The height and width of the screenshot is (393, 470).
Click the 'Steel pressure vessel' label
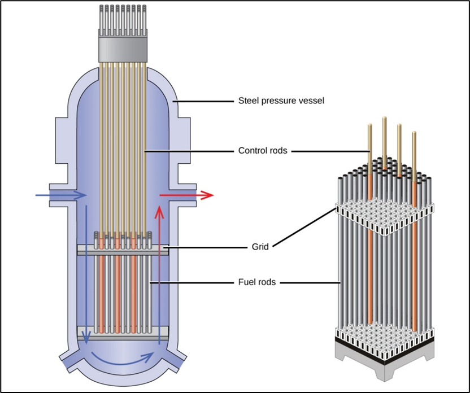(281, 101)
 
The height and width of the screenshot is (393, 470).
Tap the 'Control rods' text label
(263, 150)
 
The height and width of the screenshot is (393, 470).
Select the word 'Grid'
(260, 247)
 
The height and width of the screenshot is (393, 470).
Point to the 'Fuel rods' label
(257, 282)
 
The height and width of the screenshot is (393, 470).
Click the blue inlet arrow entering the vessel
(61, 195)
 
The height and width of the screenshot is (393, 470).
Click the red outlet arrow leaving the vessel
(186, 195)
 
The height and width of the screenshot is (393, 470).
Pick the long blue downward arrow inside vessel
(86, 274)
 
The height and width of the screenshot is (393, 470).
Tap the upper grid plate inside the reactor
(123, 250)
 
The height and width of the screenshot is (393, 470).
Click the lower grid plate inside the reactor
(123, 333)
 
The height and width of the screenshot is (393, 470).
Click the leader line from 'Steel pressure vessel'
(203, 101)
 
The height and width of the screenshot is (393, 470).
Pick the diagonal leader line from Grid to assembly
(304, 228)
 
